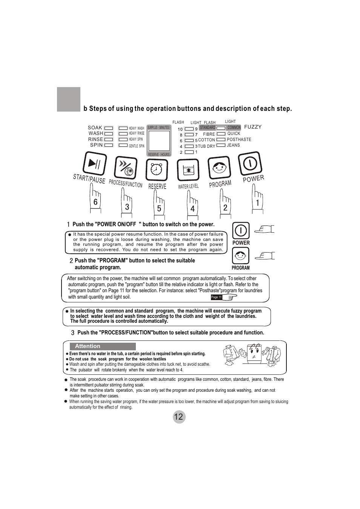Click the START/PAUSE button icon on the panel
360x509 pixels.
click(95, 163)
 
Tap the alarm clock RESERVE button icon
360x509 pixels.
click(157, 170)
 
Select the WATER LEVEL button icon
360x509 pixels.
click(188, 170)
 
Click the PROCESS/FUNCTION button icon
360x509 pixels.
click(126, 168)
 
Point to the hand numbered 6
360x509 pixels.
click(95, 198)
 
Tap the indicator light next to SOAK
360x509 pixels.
click(109, 128)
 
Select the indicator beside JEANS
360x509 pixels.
click(221, 145)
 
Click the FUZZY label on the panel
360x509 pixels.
click(253, 127)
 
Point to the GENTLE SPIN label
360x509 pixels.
click(137, 146)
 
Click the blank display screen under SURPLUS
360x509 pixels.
click(159, 141)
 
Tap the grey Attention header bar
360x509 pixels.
click(103, 346)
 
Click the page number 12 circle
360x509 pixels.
click(179, 417)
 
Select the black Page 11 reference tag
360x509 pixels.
click(217, 297)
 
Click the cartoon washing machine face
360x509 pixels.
click(254, 354)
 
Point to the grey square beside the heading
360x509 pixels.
click(69, 99)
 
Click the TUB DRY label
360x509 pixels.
click(206, 146)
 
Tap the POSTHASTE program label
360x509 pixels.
click(239, 140)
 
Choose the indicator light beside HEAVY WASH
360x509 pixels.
click(123, 128)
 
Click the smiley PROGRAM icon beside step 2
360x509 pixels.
click(241, 256)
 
